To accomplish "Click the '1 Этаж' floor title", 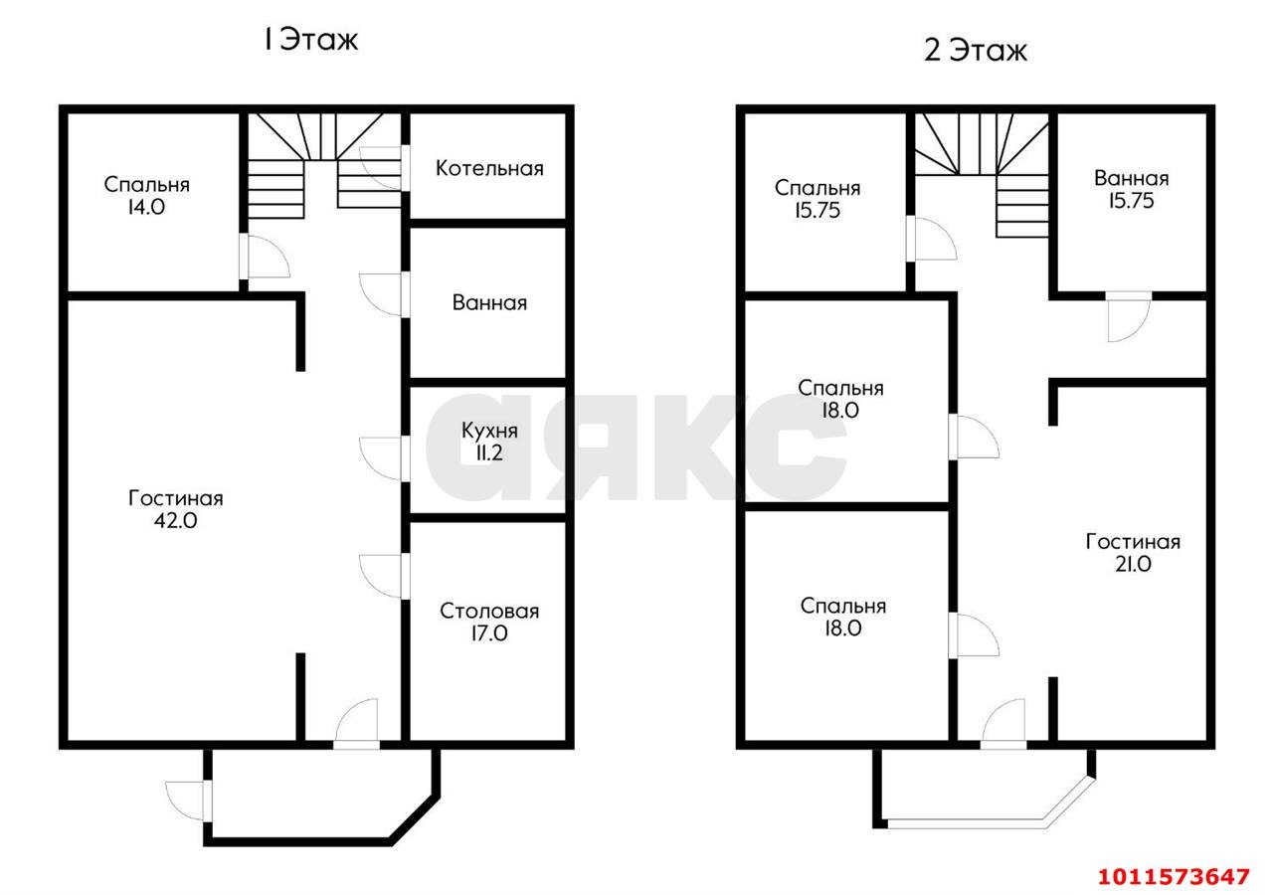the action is (x=310, y=40).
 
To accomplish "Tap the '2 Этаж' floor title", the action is (x=976, y=50).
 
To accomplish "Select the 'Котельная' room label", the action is (x=489, y=168).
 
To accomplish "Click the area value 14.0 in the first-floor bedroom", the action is (x=146, y=208).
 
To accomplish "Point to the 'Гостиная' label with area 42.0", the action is (x=176, y=498).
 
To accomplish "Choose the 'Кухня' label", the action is (x=489, y=431).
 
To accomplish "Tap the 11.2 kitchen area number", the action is (x=488, y=452).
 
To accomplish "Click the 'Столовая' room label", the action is (x=489, y=611).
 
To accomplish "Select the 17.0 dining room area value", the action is (x=488, y=633).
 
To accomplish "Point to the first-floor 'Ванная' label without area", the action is (x=489, y=303).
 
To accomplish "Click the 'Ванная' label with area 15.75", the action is (x=1131, y=178).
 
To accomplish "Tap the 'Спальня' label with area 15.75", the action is (x=818, y=188).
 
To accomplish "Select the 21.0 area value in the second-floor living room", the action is (x=1133, y=564).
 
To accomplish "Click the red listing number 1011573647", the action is (x=1174, y=876).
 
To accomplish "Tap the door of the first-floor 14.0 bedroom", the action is (x=265, y=257).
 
